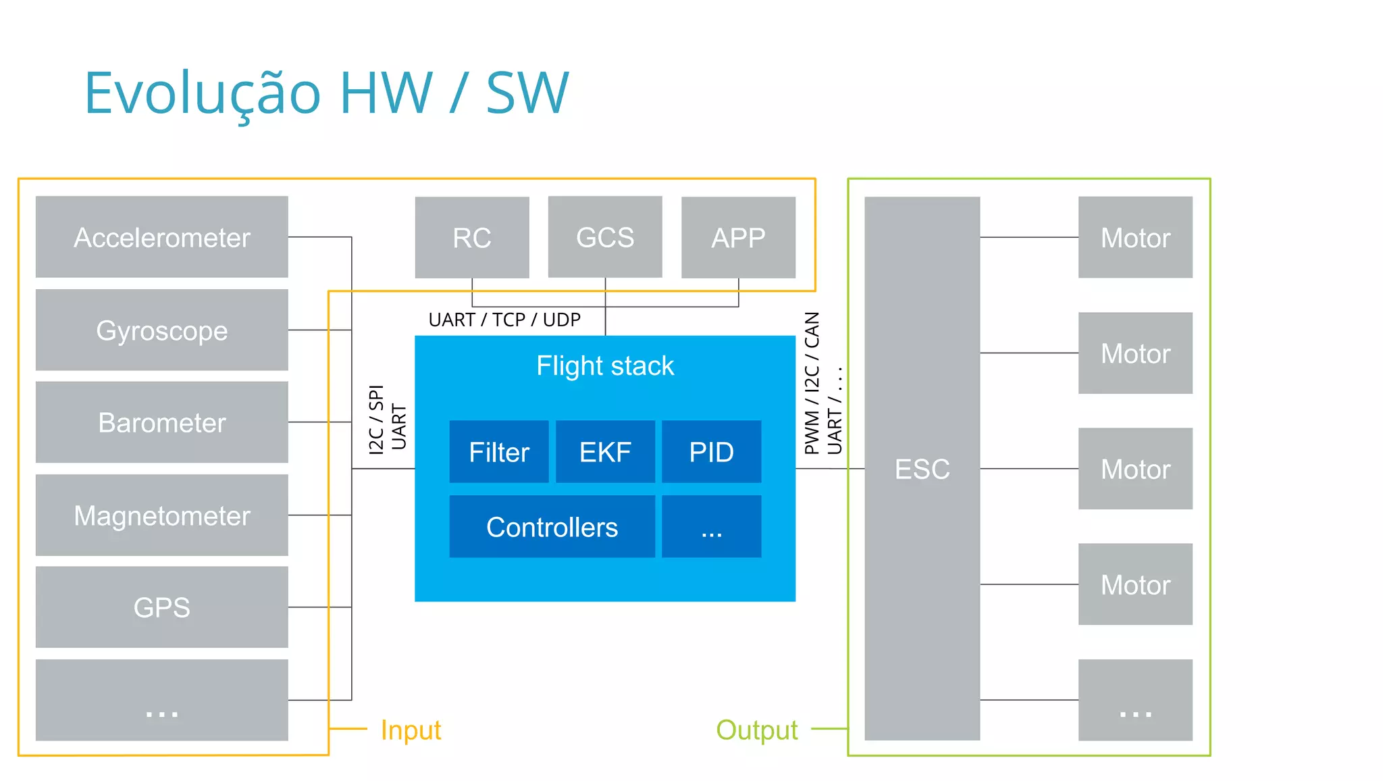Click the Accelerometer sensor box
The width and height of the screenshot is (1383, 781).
161,237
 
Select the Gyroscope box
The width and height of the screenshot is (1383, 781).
161,330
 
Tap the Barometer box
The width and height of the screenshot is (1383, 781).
161,422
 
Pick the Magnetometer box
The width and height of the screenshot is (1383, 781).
161,515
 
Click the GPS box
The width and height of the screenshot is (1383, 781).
161,607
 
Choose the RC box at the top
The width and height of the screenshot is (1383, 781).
471,237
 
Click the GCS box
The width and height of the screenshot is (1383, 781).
605,237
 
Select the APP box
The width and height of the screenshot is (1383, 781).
738,237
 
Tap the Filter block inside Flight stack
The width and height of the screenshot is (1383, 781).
499,452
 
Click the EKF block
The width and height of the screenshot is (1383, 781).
605,452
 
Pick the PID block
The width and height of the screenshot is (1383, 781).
711,452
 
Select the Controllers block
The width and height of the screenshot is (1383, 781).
552,527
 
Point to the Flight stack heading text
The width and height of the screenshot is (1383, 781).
605,366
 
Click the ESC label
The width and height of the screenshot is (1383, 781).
922,469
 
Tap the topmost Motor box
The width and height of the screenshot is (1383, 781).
1135,237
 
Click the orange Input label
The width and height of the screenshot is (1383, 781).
411,730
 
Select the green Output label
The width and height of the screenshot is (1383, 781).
756,730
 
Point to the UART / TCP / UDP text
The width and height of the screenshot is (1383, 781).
504,320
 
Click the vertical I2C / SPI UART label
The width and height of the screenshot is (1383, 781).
388,419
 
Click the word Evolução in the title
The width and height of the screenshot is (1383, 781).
203,93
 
